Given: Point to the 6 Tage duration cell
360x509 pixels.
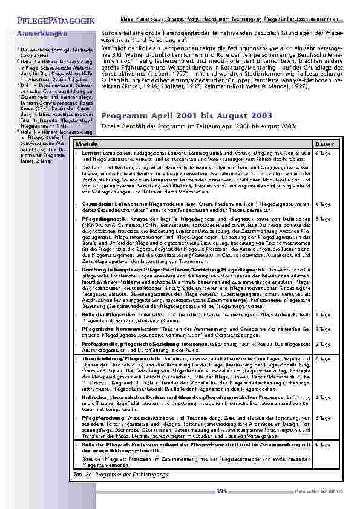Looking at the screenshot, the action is point(323,153).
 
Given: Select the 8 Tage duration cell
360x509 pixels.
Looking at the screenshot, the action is point(323,218).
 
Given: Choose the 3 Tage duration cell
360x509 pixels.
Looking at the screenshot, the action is point(323,329).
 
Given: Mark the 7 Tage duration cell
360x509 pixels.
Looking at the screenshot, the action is point(323,358).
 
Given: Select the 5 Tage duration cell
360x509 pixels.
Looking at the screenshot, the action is point(323,417).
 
